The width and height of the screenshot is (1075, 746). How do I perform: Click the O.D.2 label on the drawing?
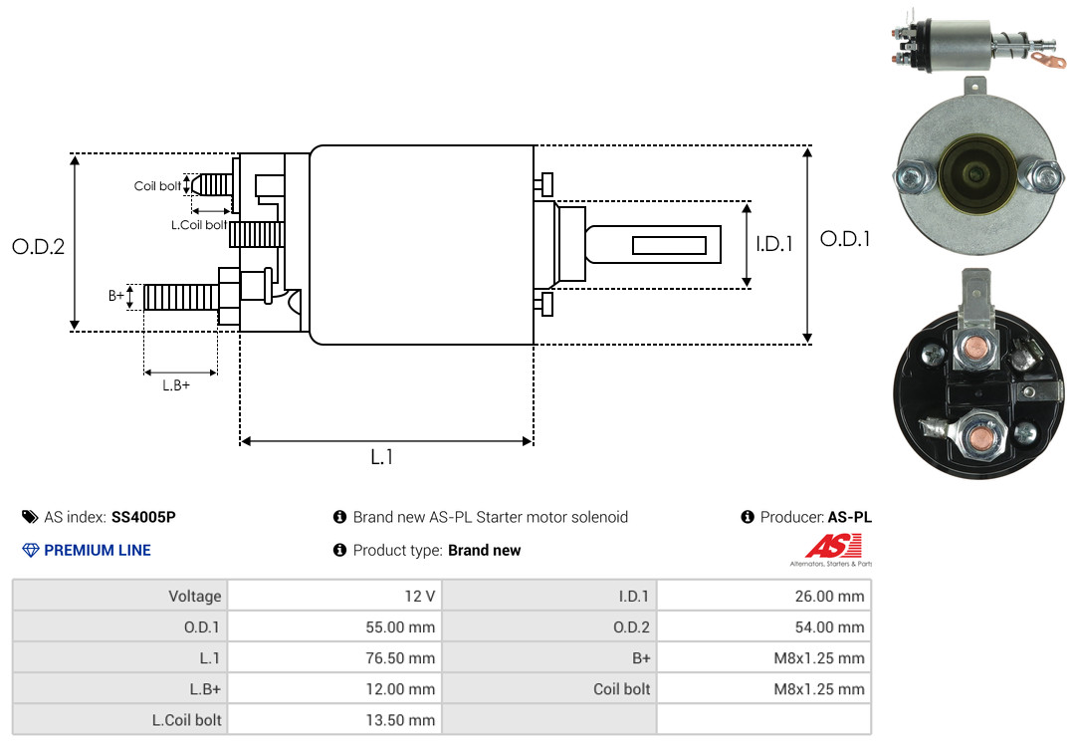click(x=39, y=246)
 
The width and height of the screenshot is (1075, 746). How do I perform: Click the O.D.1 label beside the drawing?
click(x=845, y=239)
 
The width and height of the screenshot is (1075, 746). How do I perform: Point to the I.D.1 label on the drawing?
click(x=774, y=244)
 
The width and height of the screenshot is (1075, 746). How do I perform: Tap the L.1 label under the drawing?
click(x=382, y=457)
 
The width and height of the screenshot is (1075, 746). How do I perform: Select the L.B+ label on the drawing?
click(x=176, y=385)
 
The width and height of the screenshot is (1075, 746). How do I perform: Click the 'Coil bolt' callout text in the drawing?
click(x=157, y=186)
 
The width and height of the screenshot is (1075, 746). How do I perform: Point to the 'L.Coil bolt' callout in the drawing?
click(x=199, y=224)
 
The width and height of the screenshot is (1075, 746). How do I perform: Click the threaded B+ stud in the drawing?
click(x=181, y=297)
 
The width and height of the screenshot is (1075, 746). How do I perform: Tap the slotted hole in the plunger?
click(x=669, y=245)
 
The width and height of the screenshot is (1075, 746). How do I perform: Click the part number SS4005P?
click(x=143, y=517)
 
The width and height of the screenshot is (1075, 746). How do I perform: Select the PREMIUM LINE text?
click(x=98, y=550)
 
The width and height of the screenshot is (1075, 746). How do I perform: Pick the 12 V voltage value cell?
click(x=334, y=596)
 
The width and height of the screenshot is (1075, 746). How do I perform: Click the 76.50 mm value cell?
click(x=334, y=657)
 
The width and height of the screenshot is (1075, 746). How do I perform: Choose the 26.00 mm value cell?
click(x=763, y=596)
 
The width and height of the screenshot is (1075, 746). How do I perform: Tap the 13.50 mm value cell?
click(x=334, y=719)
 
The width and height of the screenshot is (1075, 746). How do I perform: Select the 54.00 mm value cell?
click(x=763, y=626)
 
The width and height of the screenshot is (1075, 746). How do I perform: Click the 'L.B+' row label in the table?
click(x=205, y=688)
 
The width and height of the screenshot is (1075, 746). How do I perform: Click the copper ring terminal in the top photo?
click(x=1048, y=61)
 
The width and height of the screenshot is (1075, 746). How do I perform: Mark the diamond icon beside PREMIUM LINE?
click(x=31, y=550)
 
